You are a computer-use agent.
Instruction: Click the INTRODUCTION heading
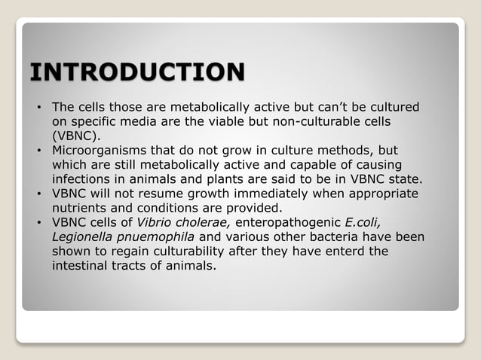click(136, 73)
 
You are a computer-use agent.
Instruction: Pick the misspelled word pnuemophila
click(160, 236)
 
